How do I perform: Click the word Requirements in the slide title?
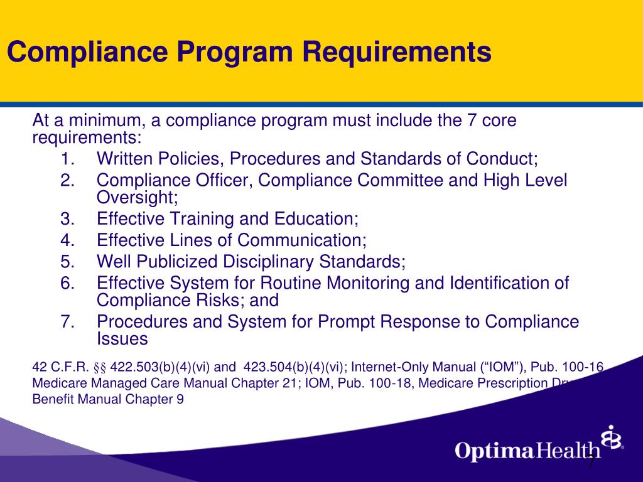coord(397,53)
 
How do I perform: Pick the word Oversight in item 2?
coord(134,198)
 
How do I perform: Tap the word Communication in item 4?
coord(301,240)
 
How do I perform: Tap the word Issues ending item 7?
coord(122,340)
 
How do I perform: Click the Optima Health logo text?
coord(528,450)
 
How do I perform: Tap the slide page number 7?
coord(591,463)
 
